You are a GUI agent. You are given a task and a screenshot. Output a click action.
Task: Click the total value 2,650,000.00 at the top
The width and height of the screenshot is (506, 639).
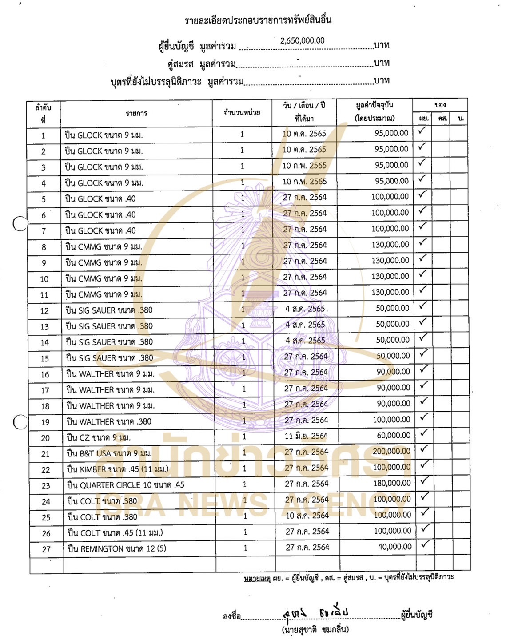click(302, 40)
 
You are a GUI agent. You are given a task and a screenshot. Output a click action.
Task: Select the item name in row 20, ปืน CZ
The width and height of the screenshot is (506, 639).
click(99, 437)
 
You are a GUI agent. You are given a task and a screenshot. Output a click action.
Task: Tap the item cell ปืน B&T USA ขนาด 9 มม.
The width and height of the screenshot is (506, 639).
click(109, 453)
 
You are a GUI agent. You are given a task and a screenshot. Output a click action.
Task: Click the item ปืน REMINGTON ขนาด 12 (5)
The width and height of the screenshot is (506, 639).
click(117, 549)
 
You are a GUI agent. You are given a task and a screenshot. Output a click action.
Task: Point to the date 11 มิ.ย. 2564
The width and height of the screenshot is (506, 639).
click(306, 436)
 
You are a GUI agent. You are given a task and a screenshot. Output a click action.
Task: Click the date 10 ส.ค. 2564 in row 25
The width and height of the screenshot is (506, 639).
click(307, 516)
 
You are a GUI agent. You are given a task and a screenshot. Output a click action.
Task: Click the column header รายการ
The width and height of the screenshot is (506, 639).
click(136, 114)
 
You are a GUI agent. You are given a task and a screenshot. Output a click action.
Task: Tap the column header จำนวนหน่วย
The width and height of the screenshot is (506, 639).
click(242, 113)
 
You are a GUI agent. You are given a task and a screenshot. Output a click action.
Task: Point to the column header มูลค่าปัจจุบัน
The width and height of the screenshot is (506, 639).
click(375, 106)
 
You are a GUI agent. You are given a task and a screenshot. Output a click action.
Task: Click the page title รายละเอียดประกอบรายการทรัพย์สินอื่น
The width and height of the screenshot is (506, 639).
click(258, 20)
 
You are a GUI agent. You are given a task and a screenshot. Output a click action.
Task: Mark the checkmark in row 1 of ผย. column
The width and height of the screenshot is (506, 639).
click(422, 131)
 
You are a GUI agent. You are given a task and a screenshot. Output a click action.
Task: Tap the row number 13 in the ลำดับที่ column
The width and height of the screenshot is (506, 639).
click(44, 327)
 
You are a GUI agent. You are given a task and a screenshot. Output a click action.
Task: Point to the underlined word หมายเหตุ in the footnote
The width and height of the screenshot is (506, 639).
click(257, 578)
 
